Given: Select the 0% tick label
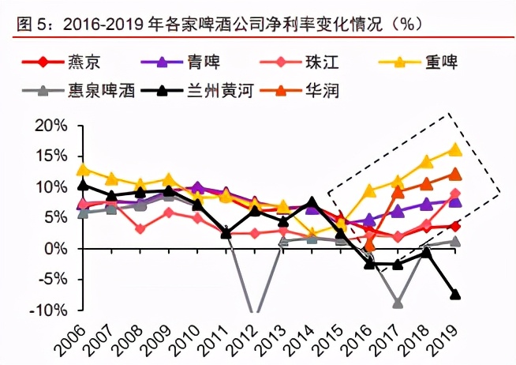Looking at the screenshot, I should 57,249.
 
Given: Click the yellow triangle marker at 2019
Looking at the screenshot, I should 455,149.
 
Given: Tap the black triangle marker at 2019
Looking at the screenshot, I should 455,295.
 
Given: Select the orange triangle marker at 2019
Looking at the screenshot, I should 455,175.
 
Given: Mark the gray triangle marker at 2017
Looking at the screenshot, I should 398,303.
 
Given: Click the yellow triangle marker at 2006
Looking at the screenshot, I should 84,169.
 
